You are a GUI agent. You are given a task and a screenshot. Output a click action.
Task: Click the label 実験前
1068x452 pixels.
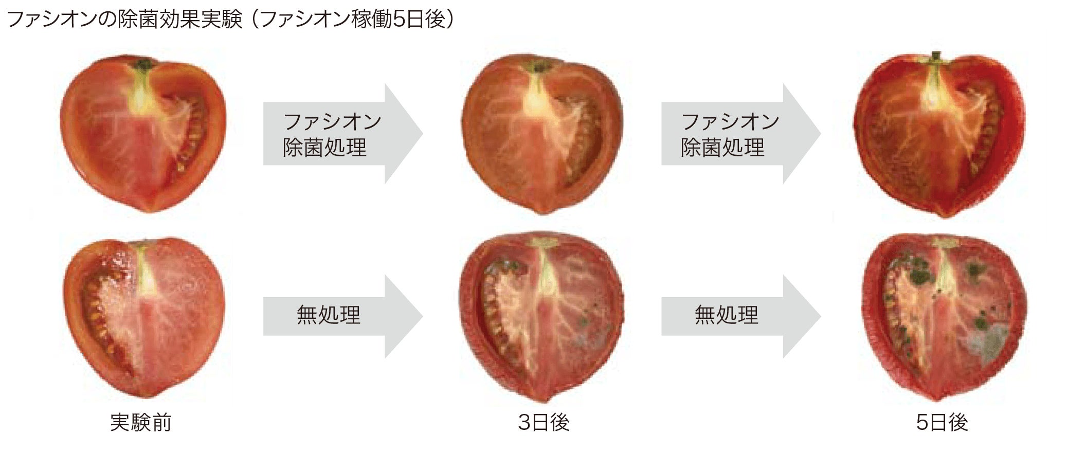(140, 422)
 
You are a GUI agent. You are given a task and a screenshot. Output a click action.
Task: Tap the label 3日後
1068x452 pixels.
(544, 422)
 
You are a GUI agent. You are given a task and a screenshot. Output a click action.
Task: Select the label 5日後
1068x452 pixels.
(942, 422)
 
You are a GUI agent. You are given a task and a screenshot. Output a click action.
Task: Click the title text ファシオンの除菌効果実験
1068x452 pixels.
(124, 20)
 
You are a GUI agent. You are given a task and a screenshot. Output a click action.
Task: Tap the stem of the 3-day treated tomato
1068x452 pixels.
(539, 66)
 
